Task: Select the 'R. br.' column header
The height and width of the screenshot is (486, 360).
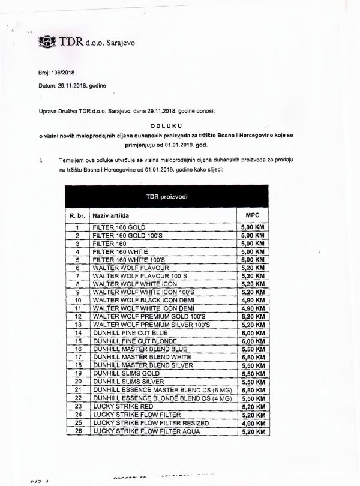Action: pyautogui.click(x=76, y=215)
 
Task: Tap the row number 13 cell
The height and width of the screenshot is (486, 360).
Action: pyautogui.click(x=76, y=323)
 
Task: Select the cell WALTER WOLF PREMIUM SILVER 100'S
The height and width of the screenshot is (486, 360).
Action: pyautogui.click(x=151, y=323)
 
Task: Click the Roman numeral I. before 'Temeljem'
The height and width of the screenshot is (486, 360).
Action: pyautogui.click(x=40, y=161)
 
